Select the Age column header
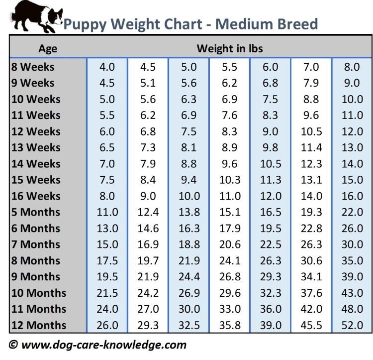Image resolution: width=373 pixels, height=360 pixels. (x=48, y=49)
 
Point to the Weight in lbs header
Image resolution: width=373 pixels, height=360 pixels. (x=229, y=49)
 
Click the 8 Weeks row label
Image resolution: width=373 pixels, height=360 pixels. (x=33, y=67)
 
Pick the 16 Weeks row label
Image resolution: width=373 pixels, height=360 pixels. (x=36, y=196)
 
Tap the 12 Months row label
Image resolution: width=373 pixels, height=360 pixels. (x=39, y=326)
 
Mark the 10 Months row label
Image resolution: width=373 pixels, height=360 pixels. (x=39, y=293)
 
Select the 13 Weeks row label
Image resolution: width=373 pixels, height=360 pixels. (x=36, y=147)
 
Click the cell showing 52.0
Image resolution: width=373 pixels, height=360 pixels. (x=352, y=326)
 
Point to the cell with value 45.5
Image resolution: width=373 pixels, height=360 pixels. (x=312, y=326)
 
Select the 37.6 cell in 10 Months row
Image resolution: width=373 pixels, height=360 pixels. (x=312, y=293)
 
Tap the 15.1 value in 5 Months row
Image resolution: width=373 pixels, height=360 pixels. (x=229, y=212)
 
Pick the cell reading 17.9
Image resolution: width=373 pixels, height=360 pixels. (x=229, y=229)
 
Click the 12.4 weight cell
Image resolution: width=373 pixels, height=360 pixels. (x=148, y=212)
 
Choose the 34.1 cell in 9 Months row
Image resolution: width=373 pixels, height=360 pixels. (x=312, y=277)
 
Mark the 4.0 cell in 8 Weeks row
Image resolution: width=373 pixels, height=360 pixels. (x=107, y=67)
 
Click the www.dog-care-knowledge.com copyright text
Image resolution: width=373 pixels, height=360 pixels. (x=98, y=345)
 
